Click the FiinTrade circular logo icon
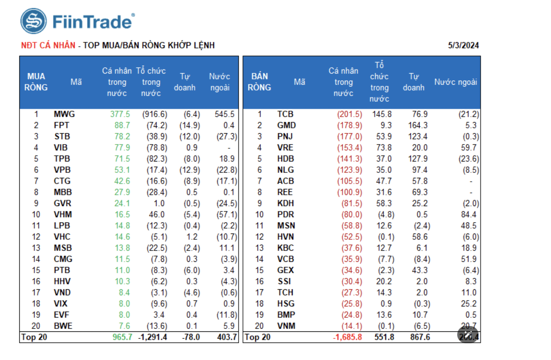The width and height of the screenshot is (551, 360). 33,21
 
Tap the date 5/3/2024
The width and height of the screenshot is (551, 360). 463,45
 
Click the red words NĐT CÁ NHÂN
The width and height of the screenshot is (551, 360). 48,45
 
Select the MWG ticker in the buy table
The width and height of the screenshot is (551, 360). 64,114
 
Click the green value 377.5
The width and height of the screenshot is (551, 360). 120,114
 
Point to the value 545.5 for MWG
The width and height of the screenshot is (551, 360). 224,114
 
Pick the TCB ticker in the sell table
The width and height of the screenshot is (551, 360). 285,114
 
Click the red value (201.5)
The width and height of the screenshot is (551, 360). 349,114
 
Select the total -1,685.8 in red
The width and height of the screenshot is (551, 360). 347,337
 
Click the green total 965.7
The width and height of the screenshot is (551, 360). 122,337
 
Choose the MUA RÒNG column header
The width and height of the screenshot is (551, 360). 36,82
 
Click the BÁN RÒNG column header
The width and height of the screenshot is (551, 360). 259,82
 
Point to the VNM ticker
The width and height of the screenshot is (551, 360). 286,326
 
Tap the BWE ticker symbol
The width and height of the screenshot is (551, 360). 63,326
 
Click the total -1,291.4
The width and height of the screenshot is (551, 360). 153,337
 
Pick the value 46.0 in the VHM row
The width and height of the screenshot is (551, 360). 157,215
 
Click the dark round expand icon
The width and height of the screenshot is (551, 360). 468,335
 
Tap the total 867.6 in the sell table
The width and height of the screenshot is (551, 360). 420,337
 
